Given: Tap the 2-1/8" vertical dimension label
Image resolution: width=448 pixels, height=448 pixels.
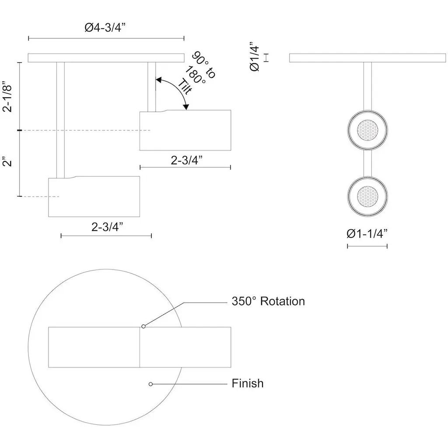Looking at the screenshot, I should pyautogui.click(x=9, y=97).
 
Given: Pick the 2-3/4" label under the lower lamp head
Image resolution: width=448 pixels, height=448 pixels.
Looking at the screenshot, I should pyautogui.click(x=107, y=227).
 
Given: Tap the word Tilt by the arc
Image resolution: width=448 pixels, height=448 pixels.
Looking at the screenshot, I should pyautogui.click(x=186, y=86).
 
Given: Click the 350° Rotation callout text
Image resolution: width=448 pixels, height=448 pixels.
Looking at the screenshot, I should pyautogui.click(x=268, y=301).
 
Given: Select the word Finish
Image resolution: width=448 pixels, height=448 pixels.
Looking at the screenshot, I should pyautogui.click(x=248, y=384).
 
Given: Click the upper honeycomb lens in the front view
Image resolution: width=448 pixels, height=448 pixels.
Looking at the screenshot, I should pyautogui.click(x=367, y=130).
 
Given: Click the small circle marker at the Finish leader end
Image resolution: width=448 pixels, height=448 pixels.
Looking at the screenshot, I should pyautogui.click(x=150, y=384).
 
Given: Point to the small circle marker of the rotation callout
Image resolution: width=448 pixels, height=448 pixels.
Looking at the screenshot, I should pyautogui.click(x=143, y=326).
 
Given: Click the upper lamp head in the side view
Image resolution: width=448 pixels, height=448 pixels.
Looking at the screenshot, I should pyautogui.click(x=185, y=130).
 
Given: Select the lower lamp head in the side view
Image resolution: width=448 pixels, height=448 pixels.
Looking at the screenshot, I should pyautogui.click(x=94, y=196).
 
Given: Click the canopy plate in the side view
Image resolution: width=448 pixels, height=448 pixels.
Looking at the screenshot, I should pyautogui.click(x=106, y=58).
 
